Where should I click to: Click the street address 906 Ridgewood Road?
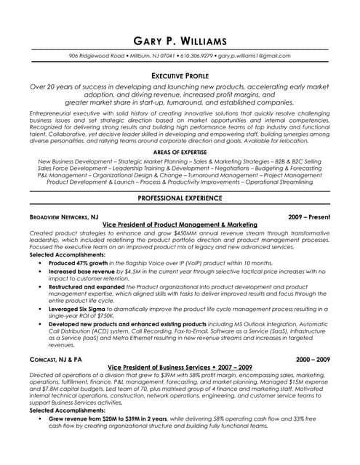pyautogui.click(x=96, y=56)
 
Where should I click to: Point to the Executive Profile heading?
pyautogui.click(x=179, y=75)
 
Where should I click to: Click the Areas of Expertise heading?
pyautogui.click(x=179, y=152)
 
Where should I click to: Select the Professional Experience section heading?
pyautogui.click(x=179, y=198)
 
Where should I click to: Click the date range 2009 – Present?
pyautogui.click(x=308, y=217)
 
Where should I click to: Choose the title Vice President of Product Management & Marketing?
pyautogui.click(x=179, y=225)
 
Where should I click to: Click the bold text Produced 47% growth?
pyautogui.click(x=79, y=262)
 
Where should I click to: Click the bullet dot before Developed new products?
pyautogui.click(x=39, y=325)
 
